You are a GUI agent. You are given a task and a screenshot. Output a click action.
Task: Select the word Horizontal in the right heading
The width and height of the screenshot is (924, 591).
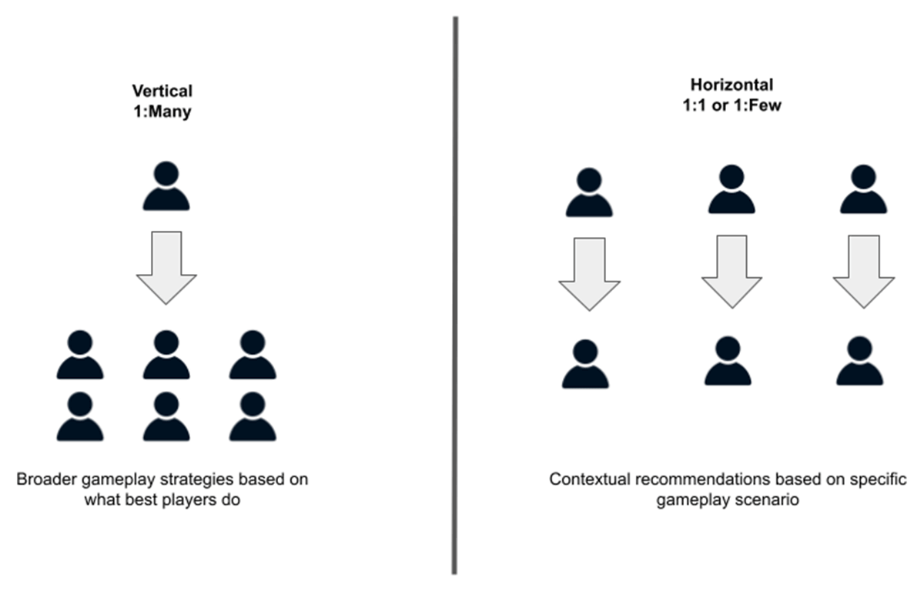[x=731, y=84]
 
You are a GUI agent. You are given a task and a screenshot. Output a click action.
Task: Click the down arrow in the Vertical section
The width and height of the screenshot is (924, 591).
[x=166, y=265]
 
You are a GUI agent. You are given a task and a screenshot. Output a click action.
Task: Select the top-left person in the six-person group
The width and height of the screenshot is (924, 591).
[x=80, y=355]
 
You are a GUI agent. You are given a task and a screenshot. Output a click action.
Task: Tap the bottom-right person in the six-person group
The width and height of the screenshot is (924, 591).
[x=253, y=416]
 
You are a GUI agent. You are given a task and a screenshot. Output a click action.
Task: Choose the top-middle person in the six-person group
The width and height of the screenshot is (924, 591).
[x=166, y=355]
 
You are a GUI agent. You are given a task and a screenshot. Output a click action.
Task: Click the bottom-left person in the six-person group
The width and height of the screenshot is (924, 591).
[x=80, y=416]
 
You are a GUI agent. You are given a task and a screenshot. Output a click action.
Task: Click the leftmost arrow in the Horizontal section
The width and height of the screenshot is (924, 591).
[x=589, y=272]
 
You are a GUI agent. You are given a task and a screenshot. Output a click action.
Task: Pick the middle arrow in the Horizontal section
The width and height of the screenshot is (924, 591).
[x=731, y=270]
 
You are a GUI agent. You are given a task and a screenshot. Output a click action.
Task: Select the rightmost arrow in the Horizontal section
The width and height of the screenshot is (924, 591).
[x=863, y=270]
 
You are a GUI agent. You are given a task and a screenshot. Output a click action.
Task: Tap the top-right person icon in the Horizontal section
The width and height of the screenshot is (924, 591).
[x=863, y=189]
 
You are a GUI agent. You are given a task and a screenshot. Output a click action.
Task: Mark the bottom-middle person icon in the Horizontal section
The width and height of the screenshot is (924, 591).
[x=728, y=361]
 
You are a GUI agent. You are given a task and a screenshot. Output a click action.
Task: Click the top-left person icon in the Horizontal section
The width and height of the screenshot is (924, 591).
[x=589, y=192]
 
